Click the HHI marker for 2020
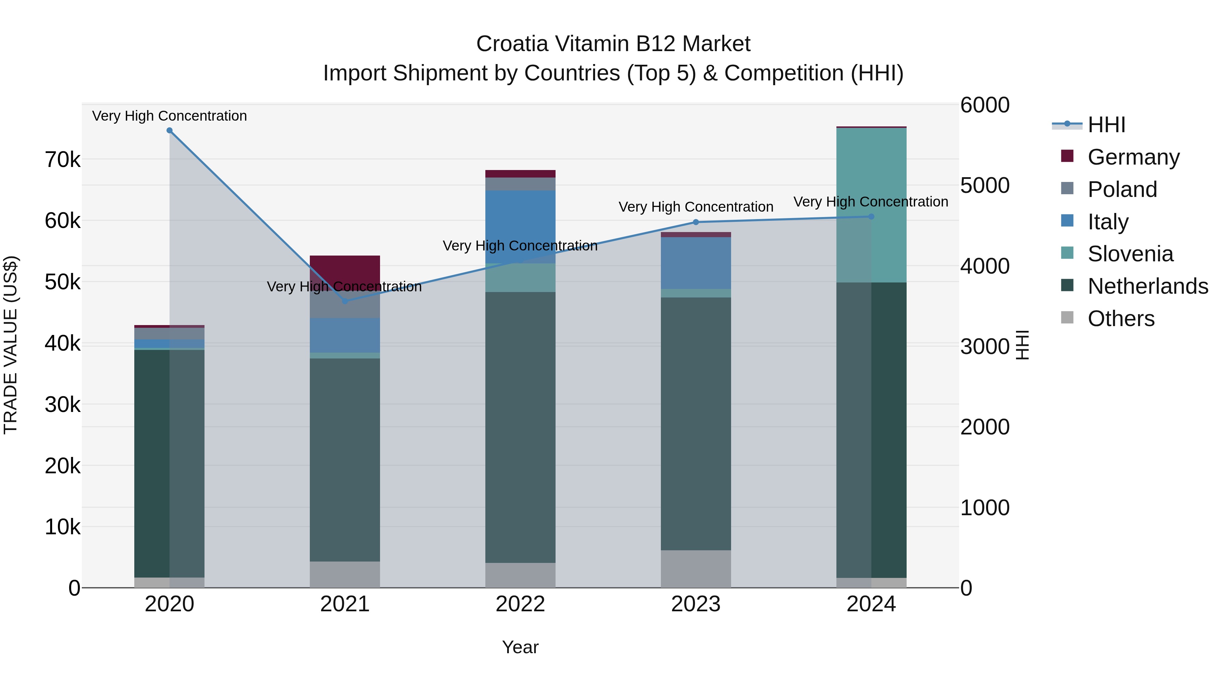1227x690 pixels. pyautogui.click(x=170, y=131)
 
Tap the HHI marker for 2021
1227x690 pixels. pyautogui.click(x=345, y=301)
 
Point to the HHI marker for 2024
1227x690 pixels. pyautogui.click(x=871, y=217)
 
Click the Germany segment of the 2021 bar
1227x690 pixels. pyautogui.click(x=345, y=269)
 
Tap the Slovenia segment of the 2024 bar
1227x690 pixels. pyautogui.click(x=871, y=205)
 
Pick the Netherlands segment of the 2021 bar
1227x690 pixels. pyautogui.click(x=345, y=460)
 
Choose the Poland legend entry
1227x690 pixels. pyautogui.click(x=1122, y=189)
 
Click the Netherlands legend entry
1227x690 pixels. pyautogui.click(x=1147, y=286)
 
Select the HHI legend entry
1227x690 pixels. pyautogui.click(x=1106, y=125)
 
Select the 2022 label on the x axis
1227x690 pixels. pyautogui.click(x=520, y=604)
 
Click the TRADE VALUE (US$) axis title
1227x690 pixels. pyautogui.click(x=11, y=345)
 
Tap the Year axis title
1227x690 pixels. pyautogui.click(x=520, y=647)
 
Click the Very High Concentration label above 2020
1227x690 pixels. pyautogui.click(x=170, y=116)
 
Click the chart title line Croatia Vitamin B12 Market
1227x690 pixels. pyautogui.click(x=613, y=44)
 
